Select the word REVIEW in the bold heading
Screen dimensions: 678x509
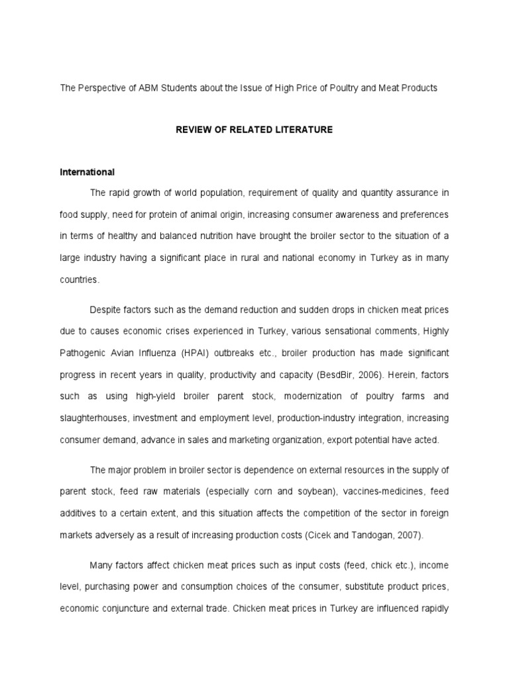(x=192, y=130)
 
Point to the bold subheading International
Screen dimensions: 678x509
(x=87, y=172)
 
